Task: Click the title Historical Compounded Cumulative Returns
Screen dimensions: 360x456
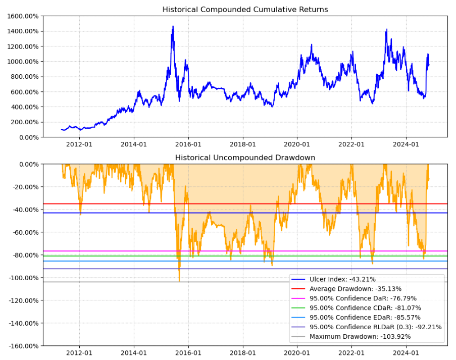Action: point(245,10)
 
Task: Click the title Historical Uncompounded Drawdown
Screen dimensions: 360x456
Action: point(245,158)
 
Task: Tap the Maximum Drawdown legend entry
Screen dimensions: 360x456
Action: point(360,337)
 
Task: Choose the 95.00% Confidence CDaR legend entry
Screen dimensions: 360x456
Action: point(365,308)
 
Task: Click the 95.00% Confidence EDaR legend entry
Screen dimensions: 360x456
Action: point(365,318)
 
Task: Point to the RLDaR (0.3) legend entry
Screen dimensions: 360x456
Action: point(375,327)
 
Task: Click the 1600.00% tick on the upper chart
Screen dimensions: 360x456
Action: point(22,16)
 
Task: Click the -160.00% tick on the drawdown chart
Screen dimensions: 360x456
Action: point(22,346)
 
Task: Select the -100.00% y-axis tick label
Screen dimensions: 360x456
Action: point(22,278)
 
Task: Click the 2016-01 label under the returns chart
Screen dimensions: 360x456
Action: point(188,144)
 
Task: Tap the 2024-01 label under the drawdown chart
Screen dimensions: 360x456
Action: point(407,353)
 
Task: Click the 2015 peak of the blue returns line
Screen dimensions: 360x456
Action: point(173,26)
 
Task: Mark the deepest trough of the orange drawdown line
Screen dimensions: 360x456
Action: point(179,281)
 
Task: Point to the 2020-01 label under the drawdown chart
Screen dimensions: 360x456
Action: point(297,353)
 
